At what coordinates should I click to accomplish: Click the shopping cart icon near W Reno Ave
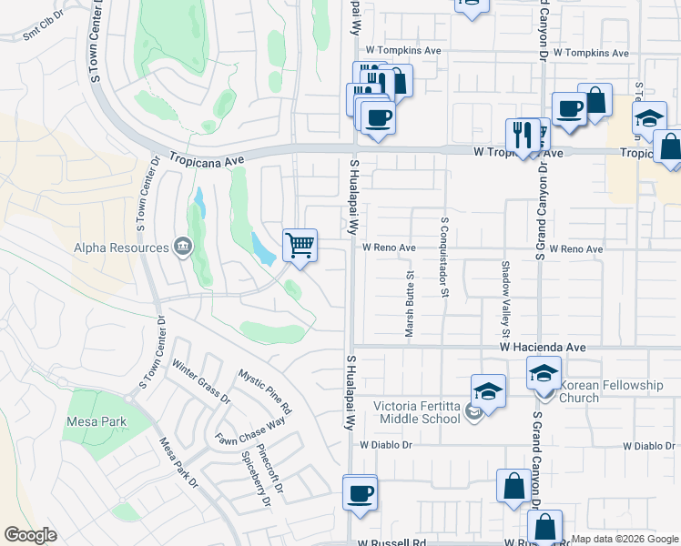pyautogui.click(x=300, y=245)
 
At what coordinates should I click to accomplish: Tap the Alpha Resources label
pyautogui.click(x=122, y=248)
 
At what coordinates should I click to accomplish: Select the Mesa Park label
pyautogui.click(x=97, y=421)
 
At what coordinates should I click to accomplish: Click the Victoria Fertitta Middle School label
pyautogui.click(x=418, y=412)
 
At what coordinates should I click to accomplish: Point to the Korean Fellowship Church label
pyautogui.click(x=611, y=391)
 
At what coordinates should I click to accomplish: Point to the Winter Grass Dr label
pyautogui.click(x=201, y=384)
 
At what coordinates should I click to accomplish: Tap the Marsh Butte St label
pyautogui.click(x=411, y=308)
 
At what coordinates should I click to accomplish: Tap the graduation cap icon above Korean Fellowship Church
pyautogui.click(x=544, y=372)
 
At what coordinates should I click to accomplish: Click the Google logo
pyautogui.click(x=30, y=534)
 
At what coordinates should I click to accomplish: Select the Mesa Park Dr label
pyautogui.click(x=179, y=464)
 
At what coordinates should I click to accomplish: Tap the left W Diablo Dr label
pyautogui.click(x=386, y=446)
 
